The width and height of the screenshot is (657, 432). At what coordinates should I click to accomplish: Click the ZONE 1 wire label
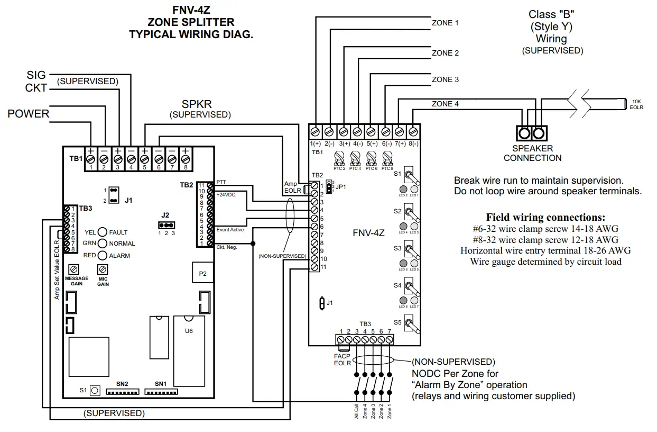pos(445,23)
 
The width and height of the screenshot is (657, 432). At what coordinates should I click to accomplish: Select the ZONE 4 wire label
pos(445,104)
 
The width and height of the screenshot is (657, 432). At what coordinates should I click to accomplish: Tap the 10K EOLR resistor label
pos(636,104)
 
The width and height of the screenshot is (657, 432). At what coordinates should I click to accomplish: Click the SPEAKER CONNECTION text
pos(532,153)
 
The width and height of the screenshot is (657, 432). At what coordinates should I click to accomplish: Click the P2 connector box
pos(202,274)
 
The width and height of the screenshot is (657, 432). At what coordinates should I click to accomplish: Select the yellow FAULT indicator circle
pos(103,232)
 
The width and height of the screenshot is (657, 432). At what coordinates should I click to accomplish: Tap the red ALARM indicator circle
pos(103,255)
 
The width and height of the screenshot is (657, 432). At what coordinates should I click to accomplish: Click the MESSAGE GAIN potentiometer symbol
pos(75,269)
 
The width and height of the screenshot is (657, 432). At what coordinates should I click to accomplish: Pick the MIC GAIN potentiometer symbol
pos(103,269)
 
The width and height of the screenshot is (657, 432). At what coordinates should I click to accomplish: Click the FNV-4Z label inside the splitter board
pos(369,232)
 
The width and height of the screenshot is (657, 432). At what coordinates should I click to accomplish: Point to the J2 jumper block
pos(166,225)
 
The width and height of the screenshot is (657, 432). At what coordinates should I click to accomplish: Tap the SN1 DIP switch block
pos(161,392)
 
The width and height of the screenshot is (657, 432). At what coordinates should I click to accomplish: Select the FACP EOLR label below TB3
pos(342,359)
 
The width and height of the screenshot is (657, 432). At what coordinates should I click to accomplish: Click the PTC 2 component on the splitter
pos(339,157)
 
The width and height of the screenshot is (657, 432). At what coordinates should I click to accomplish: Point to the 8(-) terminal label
pos(413,143)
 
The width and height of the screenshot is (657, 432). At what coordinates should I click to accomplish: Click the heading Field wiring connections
pos(545,218)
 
